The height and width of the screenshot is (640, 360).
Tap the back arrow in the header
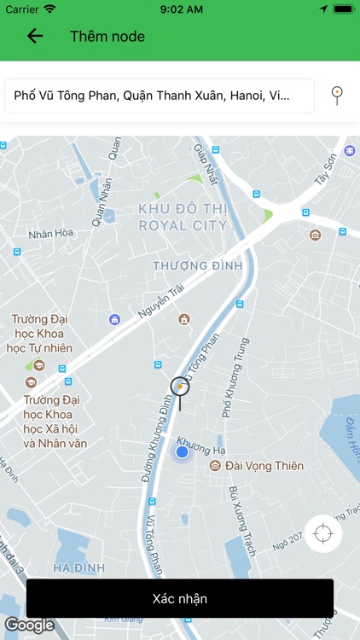click(35, 36)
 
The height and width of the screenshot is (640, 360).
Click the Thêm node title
click(107, 37)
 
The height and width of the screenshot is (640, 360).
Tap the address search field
click(160, 96)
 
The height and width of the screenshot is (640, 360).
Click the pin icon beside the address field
click(338, 95)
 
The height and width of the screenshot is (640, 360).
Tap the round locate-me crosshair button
click(322, 534)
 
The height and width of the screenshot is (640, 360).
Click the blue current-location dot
click(182, 452)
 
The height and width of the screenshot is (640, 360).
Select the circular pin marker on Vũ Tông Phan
click(180, 387)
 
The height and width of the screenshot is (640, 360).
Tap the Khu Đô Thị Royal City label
click(183, 218)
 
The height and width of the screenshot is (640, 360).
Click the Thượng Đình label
click(193, 265)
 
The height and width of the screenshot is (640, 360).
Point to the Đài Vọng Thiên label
click(264, 466)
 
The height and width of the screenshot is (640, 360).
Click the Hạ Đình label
click(78, 567)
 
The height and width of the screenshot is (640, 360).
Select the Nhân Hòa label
click(51, 232)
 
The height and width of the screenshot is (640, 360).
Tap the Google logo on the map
click(29, 625)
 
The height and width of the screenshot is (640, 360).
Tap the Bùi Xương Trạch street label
click(243, 521)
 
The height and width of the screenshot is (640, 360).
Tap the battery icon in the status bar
click(342, 9)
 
